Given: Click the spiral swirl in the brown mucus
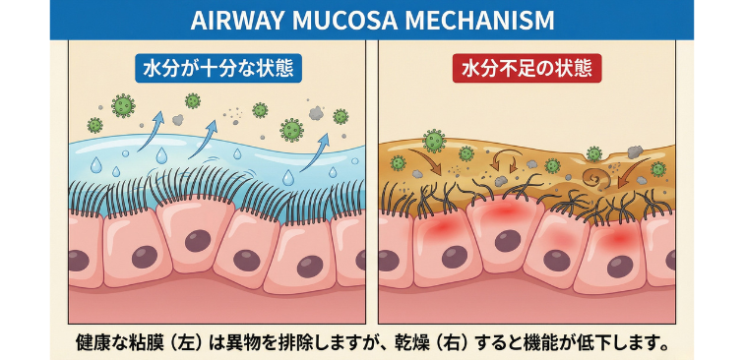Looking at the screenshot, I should pos(594,179).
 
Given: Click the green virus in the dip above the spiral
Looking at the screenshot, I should pos(594,152).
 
